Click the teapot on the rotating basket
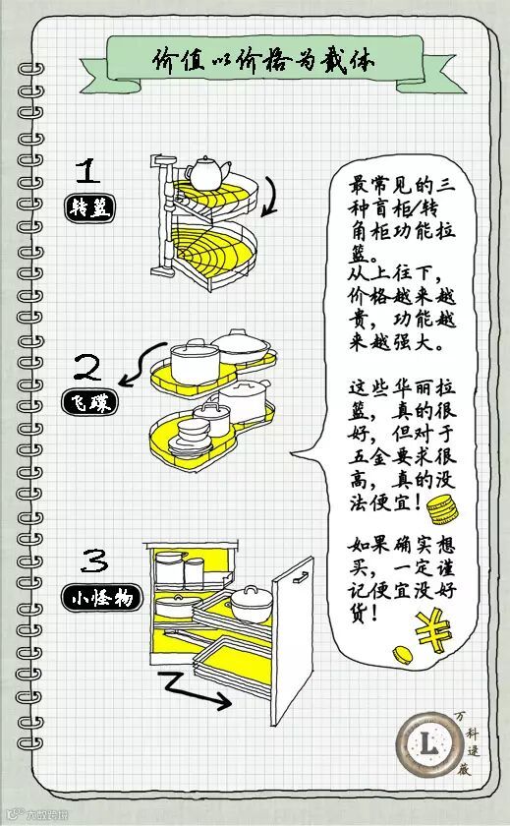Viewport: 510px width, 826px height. click(x=207, y=172)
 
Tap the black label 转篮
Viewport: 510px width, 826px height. click(x=89, y=208)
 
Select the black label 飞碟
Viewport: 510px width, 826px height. click(x=89, y=403)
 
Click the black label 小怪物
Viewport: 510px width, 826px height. click(x=101, y=598)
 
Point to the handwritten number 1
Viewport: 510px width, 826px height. click(x=87, y=171)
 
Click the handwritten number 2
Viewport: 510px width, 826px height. click(x=87, y=367)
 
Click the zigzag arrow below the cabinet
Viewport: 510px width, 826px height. click(x=194, y=689)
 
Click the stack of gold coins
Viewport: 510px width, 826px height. click(x=442, y=510)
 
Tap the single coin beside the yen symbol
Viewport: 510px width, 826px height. click(x=403, y=654)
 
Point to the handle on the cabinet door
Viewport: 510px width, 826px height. click(x=301, y=577)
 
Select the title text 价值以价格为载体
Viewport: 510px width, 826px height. click(x=263, y=61)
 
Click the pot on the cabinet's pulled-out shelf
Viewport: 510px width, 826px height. click(x=252, y=604)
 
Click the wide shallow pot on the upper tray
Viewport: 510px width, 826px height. click(x=241, y=345)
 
